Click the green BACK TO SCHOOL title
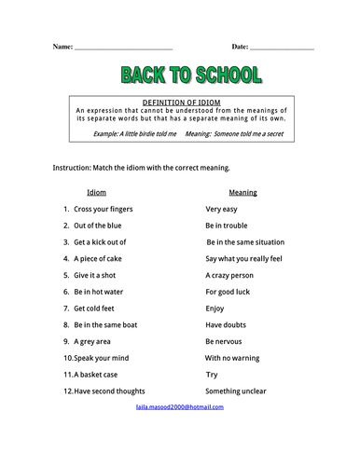pos(191,75)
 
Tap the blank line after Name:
pos(123,48)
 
